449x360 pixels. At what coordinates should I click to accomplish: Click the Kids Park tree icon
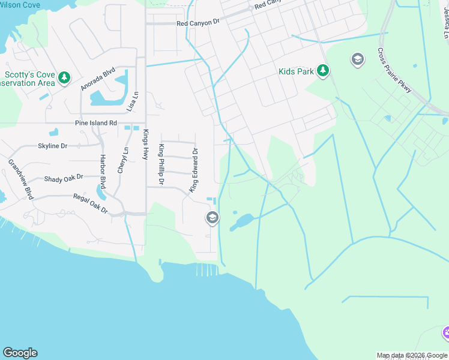coord(323,71)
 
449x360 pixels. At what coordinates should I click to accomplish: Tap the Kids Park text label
coord(297,71)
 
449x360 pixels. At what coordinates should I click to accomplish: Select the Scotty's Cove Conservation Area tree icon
coord(64,77)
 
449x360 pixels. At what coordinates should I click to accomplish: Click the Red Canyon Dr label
coord(199,24)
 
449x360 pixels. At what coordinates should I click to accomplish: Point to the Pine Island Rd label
coord(95,123)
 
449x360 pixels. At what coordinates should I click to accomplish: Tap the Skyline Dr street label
coord(53,146)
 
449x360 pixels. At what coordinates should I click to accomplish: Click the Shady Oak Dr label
coord(63,179)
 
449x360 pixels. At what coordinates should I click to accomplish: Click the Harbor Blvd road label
coord(103,170)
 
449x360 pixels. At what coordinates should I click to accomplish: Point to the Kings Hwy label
coord(145,145)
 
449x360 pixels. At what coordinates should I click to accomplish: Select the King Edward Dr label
coord(194,170)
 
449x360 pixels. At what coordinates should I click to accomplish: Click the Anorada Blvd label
coord(98,78)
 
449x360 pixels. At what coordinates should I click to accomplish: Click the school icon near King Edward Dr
coord(212,218)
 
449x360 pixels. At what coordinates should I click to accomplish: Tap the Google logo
coord(20,353)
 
